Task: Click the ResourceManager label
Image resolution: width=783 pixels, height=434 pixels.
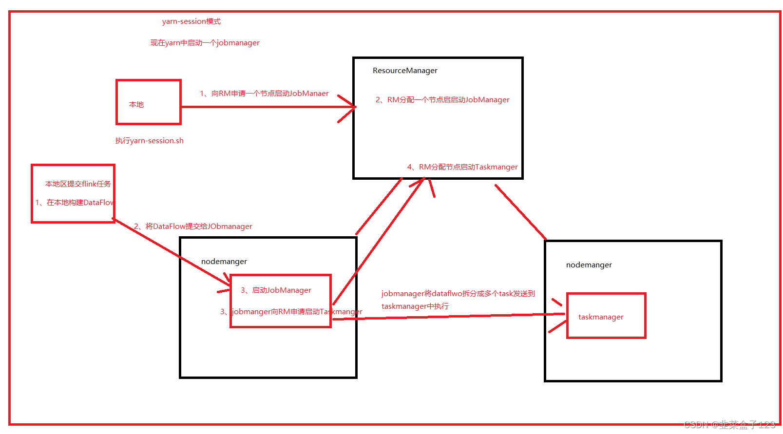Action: (405, 71)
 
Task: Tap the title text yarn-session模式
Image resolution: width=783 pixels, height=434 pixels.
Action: (191, 21)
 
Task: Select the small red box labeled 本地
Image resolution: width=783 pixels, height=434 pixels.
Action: (148, 102)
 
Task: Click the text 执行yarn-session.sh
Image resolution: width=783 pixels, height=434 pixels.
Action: (149, 141)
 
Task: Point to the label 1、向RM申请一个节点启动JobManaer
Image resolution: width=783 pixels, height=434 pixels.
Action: (264, 94)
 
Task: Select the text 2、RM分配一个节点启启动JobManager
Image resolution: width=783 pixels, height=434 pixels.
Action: (442, 100)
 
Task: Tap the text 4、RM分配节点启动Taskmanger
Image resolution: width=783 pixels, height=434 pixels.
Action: (462, 167)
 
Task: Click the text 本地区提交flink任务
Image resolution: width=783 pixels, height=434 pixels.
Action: (78, 184)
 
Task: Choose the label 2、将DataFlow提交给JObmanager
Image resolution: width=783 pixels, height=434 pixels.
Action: (193, 226)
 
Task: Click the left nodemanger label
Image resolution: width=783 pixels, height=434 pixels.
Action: (224, 262)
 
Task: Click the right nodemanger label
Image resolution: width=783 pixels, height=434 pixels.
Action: (589, 265)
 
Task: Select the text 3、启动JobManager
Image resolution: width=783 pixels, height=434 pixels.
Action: (276, 290)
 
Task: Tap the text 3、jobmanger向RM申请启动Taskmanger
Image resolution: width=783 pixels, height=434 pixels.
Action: (291, 312)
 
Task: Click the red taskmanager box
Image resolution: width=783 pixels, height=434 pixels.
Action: (606, 316)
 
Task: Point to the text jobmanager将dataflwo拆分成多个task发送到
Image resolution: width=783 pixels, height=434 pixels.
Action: (458, 294)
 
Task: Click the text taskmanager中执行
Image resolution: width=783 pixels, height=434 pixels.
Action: (415, 306)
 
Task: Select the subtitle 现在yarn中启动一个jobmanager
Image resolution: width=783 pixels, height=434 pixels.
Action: (205, 43)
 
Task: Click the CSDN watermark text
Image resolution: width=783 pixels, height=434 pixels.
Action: (729, 425)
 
